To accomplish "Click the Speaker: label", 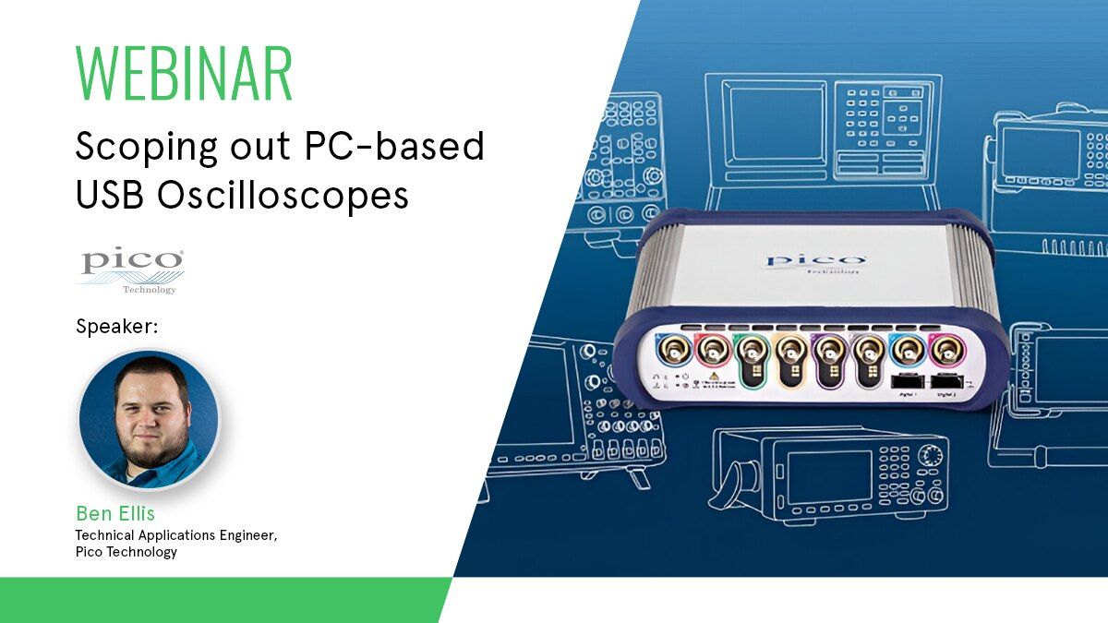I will click(119, 327).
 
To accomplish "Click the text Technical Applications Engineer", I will click(175, 534).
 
